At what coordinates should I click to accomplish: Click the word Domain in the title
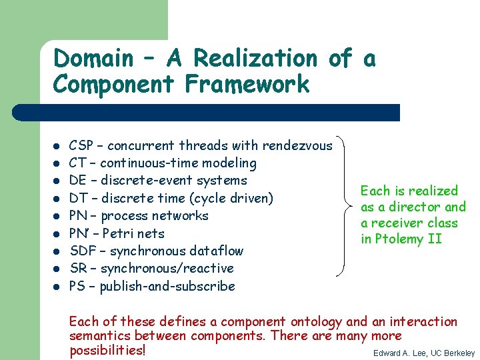tap(93, 59)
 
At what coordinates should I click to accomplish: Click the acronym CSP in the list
tap(81, 145)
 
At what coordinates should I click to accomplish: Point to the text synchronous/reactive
tap(167, 269)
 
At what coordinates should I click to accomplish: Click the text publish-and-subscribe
tap(167, 287)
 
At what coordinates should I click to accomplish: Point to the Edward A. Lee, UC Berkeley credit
tap(424, 353)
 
